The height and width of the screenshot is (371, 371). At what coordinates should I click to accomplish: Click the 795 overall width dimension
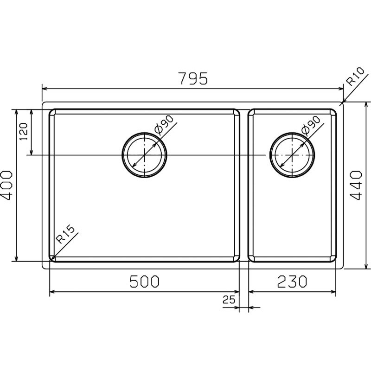point(194,78)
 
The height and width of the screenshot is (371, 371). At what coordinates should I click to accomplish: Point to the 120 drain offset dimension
point(24,131)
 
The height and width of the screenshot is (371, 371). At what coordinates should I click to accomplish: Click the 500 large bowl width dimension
point(145,281)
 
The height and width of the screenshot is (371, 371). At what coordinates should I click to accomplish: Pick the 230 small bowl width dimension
point(292,281)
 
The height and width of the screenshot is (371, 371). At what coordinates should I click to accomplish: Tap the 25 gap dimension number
point(229,300)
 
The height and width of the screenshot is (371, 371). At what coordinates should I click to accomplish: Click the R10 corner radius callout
point(355,77)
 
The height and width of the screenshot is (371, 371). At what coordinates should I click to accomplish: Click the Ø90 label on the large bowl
point(164,124)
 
